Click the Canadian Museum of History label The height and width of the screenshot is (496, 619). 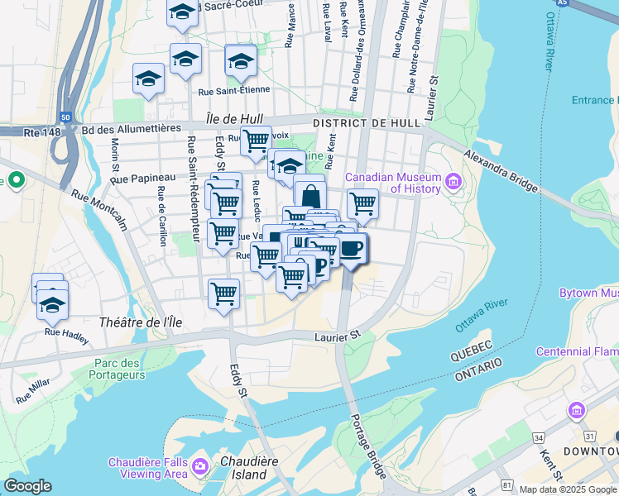click(x=392, y=183)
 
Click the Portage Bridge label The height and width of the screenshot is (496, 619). click(x=368, y=447)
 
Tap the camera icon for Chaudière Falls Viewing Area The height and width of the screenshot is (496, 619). click(x=199, y=468)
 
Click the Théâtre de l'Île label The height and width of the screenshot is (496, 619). click(x=132, y=322)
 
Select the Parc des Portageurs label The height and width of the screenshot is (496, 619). click(x=120, y=369)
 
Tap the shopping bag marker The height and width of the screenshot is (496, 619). click(x=309, y=197)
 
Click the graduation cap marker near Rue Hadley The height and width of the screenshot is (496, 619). click(x=51, y=305)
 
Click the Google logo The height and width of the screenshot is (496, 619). click(x=28, y=486)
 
